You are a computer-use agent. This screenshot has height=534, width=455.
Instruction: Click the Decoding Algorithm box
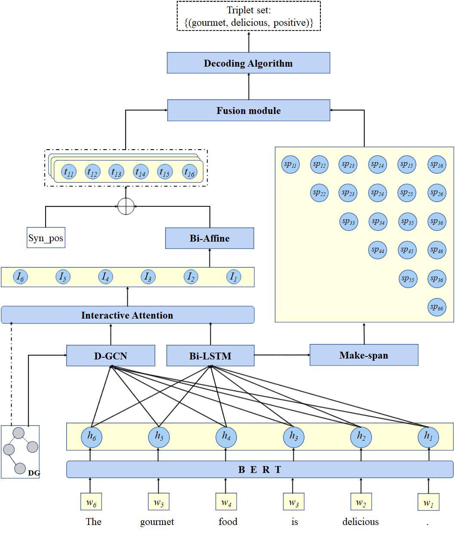(x=249, y=63)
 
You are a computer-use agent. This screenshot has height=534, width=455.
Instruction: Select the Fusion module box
(x=249, y=110)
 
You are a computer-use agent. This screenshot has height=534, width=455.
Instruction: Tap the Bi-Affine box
(x=209, y=238)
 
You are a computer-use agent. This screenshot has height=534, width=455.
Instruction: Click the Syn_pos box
(x=46, y=238)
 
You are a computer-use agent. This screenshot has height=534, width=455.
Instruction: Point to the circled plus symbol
(x=126, y=206)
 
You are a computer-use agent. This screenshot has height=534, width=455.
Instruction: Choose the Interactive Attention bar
(x=127, y=315)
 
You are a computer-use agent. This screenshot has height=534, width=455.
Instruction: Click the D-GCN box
(x=111, y=356)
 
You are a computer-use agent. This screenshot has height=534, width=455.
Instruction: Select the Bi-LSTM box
(x=210, y=356)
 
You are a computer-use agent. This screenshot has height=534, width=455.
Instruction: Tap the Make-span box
(x=364, y=355)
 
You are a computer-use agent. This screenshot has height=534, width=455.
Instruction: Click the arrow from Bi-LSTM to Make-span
(x=282, y=355)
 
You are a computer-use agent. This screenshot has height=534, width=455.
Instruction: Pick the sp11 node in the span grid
(x=291, y=165)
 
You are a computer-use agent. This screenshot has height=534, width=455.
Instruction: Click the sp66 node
(x=437, y=307)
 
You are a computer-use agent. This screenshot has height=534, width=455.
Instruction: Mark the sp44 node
(x=378, y=250)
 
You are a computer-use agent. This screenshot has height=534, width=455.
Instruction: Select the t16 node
(x=190, y=172)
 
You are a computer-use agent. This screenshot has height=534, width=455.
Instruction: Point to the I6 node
(x=20, y=277)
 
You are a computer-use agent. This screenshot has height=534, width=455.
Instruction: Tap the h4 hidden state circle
(x=226, y=437)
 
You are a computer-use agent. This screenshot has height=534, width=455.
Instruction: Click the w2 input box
(x=361, y=502)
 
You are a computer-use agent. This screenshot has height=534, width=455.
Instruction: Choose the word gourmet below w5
(x=157, y=522)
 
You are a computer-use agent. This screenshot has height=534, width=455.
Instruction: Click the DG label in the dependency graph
(x=34, y=473)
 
